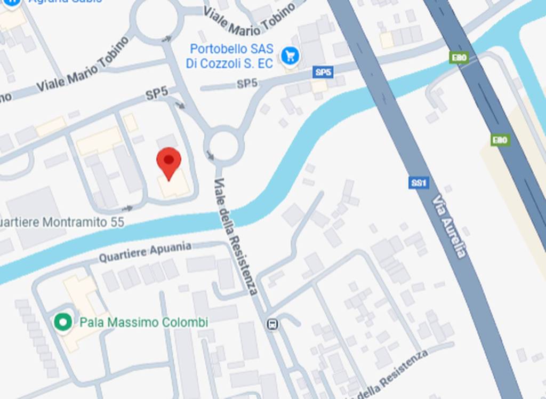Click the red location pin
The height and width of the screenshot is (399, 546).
168,163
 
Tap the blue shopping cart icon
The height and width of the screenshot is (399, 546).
291,55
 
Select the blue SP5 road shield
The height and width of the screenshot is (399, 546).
323,72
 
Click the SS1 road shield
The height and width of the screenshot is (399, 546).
419,183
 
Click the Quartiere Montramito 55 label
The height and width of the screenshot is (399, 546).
62,222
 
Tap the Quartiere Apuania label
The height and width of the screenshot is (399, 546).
145,252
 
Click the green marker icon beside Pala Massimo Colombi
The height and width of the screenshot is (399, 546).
63,322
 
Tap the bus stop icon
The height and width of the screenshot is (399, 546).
272,324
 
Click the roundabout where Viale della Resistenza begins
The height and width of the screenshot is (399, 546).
223,145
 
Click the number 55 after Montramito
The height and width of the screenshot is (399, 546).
117,222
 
